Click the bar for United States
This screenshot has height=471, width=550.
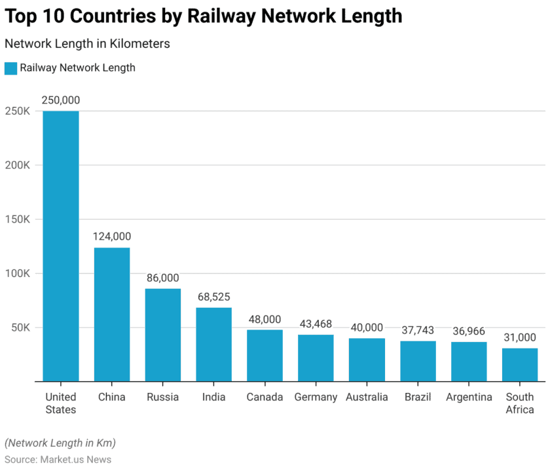click(61, 246)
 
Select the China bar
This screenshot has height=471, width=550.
click(112, 314)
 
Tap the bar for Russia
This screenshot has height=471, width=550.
click(163, 335)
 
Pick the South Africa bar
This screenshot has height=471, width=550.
click(520, 364)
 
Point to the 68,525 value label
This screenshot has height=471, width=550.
click(213, 297)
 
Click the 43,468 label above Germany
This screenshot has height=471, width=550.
click(316, 324)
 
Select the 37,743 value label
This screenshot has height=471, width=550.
click(418, 330)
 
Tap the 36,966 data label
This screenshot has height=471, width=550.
click(469, 331)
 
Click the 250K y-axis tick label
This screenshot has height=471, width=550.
click(17, 111)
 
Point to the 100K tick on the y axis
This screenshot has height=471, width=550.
click(17, 273)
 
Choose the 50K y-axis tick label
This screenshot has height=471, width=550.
click(20, 328)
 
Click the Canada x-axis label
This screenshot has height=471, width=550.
click(265, 397)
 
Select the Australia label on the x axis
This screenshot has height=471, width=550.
click(367, 397)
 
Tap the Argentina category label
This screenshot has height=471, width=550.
click(469, 397)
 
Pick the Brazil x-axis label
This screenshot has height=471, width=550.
click(418, 397)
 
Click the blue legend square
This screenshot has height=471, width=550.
click(10, 68)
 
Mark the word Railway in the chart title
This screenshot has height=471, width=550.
click(223, 16)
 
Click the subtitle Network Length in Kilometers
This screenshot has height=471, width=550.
click(87, 44)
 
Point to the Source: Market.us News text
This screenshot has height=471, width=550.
click(58, 459)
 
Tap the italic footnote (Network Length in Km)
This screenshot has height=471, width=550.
click(60, 443)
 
